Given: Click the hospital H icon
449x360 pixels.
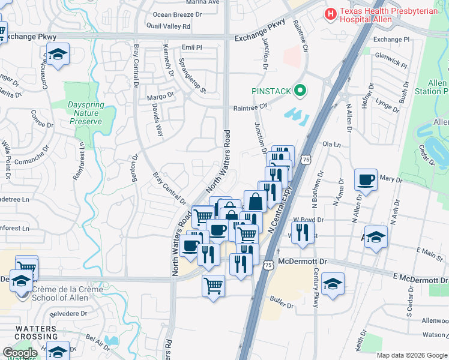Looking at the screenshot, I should pos(331,13).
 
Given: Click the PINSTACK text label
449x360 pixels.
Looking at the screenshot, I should pos(271,91).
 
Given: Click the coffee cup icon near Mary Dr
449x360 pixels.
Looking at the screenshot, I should pos(366,179).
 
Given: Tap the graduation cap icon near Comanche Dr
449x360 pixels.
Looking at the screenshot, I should pos(57,55).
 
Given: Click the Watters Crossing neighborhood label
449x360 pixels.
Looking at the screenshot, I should pos(37,333).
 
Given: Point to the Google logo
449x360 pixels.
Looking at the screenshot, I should pos(20,353).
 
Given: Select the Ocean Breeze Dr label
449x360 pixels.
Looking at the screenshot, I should pos(178,14).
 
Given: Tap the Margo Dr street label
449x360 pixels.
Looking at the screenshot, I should pos(160,95).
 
